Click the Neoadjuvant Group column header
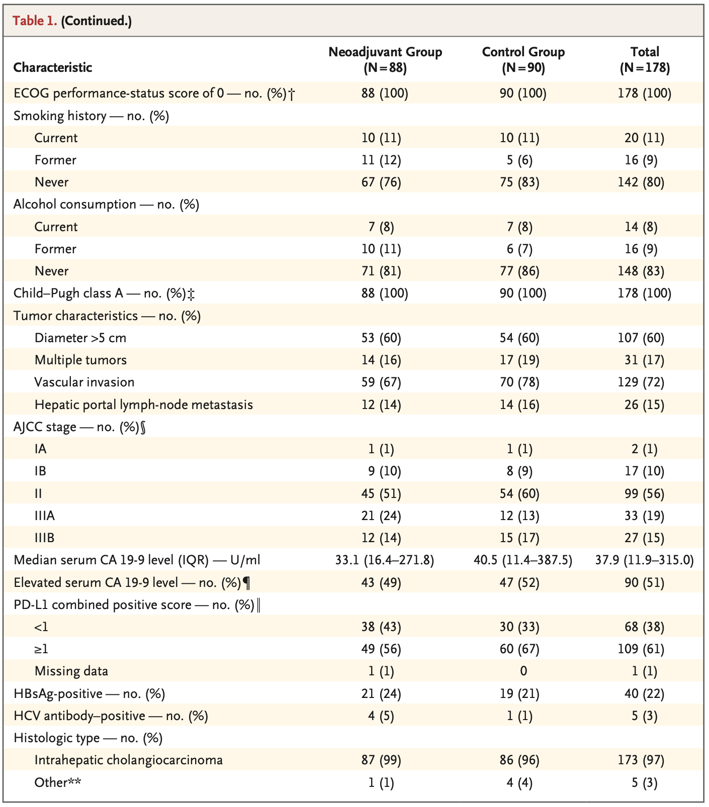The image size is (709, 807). click(385, 59)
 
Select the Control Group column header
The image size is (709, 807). click(523, 59)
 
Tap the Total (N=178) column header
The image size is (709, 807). click(645, 59)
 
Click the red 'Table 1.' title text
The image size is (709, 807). click(35, 21)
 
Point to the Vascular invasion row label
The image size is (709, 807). click(84, 382)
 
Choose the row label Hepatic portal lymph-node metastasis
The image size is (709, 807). click(143, 405)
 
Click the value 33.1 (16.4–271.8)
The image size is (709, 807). click(385, 560)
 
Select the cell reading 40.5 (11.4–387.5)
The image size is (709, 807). click(523, 560)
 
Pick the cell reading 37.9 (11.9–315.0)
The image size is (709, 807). click(645, 560)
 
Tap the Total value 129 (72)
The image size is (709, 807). click(645, 382)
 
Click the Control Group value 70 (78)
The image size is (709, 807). click(523, 382)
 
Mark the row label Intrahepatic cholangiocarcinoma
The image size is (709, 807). click(128, 760)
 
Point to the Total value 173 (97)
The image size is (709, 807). click(645, 760)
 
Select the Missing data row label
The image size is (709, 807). click(71, 671)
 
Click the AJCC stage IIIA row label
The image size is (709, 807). click(45, 516)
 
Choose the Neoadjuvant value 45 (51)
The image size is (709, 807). click(381, 493)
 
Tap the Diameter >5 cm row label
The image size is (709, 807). click(80, 338)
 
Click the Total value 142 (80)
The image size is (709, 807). click(645, 182)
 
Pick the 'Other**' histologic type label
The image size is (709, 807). click(58, 782)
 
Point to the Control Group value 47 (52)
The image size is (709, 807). click(523, 582)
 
